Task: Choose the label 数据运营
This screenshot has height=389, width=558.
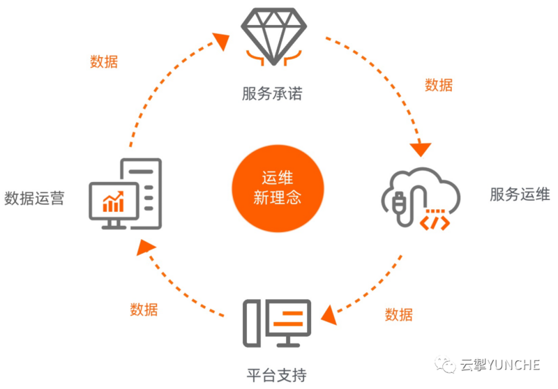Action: (34, 198)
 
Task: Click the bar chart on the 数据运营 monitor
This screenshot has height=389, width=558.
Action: (114, 201)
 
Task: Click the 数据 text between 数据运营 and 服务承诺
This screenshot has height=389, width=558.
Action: (104, 61)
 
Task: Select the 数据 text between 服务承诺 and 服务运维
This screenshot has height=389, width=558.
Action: (439, 85)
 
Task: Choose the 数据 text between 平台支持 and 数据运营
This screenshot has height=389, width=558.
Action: (144, 310)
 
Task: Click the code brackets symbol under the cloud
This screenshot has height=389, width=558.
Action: (432, 222)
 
